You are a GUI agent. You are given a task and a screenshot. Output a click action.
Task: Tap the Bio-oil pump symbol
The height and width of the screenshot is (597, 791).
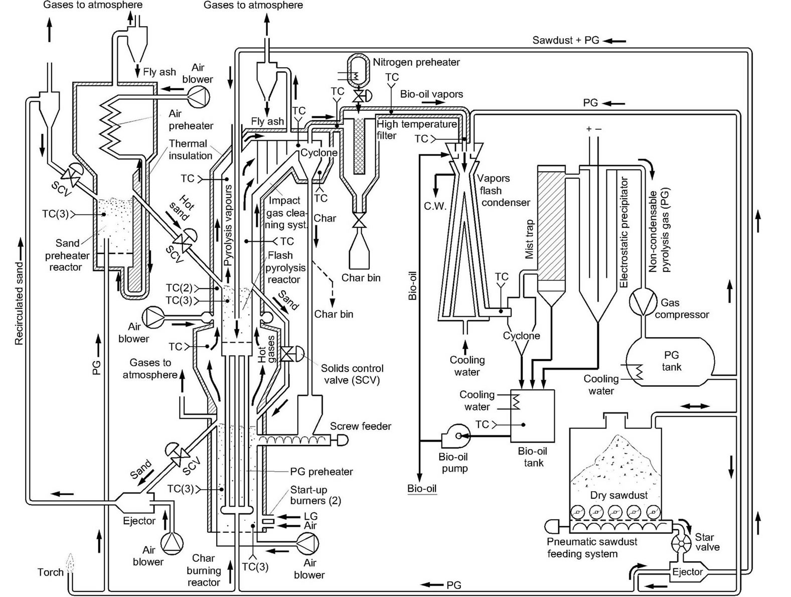pos(455,436)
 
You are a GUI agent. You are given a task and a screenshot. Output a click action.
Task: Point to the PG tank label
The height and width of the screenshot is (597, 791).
pos(671,361)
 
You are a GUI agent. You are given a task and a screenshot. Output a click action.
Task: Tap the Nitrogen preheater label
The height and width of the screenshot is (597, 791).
pos(416,62)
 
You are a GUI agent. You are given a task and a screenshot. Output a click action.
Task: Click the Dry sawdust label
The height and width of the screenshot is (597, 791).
pos(618,495)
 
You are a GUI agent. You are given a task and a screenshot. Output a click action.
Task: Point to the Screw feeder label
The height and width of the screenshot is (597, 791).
pos(360,426)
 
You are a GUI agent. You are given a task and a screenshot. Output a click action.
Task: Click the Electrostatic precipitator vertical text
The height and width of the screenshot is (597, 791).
pos(624,232)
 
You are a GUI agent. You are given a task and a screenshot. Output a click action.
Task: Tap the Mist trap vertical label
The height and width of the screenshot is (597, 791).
pos(530,239)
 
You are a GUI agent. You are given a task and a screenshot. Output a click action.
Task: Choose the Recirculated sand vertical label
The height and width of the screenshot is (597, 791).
pos(19,303)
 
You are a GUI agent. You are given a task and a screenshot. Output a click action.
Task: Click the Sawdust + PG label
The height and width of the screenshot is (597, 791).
pos(565,40)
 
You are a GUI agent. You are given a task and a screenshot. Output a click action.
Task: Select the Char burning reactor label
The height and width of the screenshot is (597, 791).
pos(203,570)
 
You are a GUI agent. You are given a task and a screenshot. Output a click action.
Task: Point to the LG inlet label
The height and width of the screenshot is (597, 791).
pos(310,516)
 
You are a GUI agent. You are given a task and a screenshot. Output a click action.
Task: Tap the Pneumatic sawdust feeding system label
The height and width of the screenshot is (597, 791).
pos(591,548)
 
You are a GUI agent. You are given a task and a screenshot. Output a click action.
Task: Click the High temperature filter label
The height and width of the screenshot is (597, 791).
pos(416,129)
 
